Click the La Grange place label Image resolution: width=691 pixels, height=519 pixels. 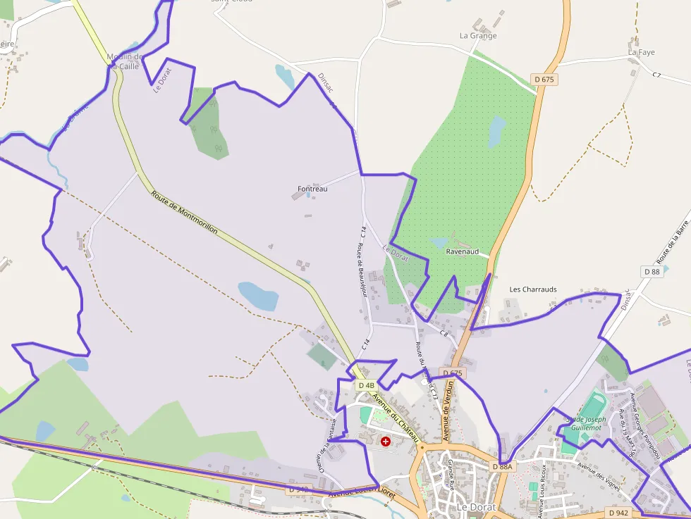[478, 35]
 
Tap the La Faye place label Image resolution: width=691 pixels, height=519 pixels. [642, 52]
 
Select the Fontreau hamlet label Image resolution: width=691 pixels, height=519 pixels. [312, 189]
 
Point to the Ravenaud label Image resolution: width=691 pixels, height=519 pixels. [463, 251]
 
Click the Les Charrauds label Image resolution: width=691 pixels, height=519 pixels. [533, 289]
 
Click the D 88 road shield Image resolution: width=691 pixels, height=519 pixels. [652, 271]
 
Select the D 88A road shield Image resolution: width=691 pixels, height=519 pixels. [503, 466]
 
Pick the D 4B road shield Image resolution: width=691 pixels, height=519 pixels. [366, 385]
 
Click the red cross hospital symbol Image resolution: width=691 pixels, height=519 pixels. [386, 442]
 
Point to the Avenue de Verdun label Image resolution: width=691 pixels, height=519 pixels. [446, 411]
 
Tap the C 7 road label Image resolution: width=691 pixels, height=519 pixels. [656, 75]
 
